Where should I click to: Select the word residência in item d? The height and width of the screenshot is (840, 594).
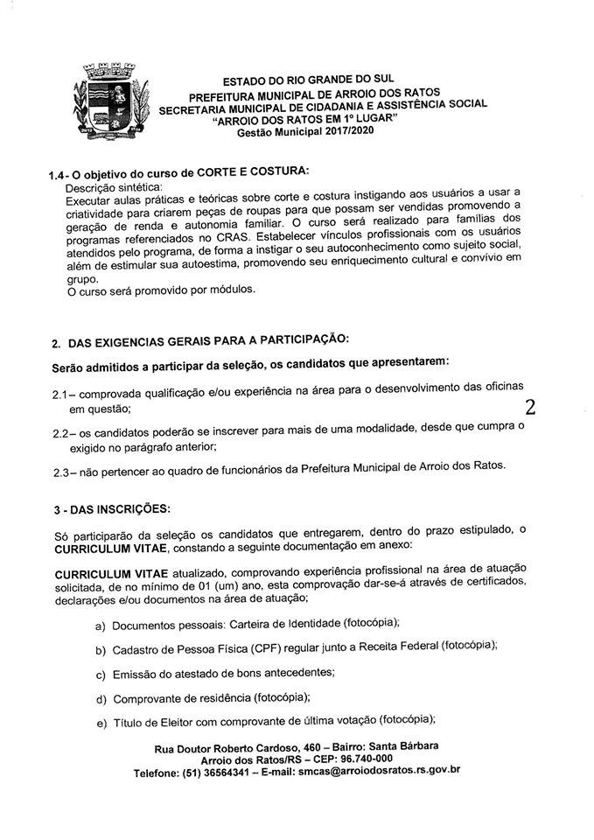pos(217,699)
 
